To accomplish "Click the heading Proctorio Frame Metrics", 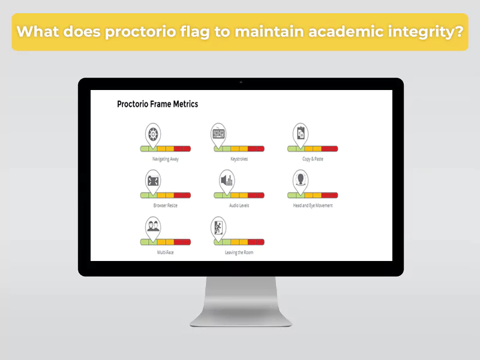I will click(157, 104).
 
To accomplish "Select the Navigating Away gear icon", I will click(153, 133).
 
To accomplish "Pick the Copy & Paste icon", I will click(299, 133).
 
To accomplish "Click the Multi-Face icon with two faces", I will click(153, 226).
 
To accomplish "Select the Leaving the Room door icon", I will click(218, 226).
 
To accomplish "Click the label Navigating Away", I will click(165, 159).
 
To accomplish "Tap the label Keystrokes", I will click(239, 159).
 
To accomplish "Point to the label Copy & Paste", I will click(313, 159).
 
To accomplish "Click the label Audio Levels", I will click(239, 205).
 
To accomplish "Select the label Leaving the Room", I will click(239, 253).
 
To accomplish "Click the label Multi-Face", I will click(165, 253).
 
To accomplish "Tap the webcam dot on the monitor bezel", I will click(241, 82).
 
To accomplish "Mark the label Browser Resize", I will click(165, 205).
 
